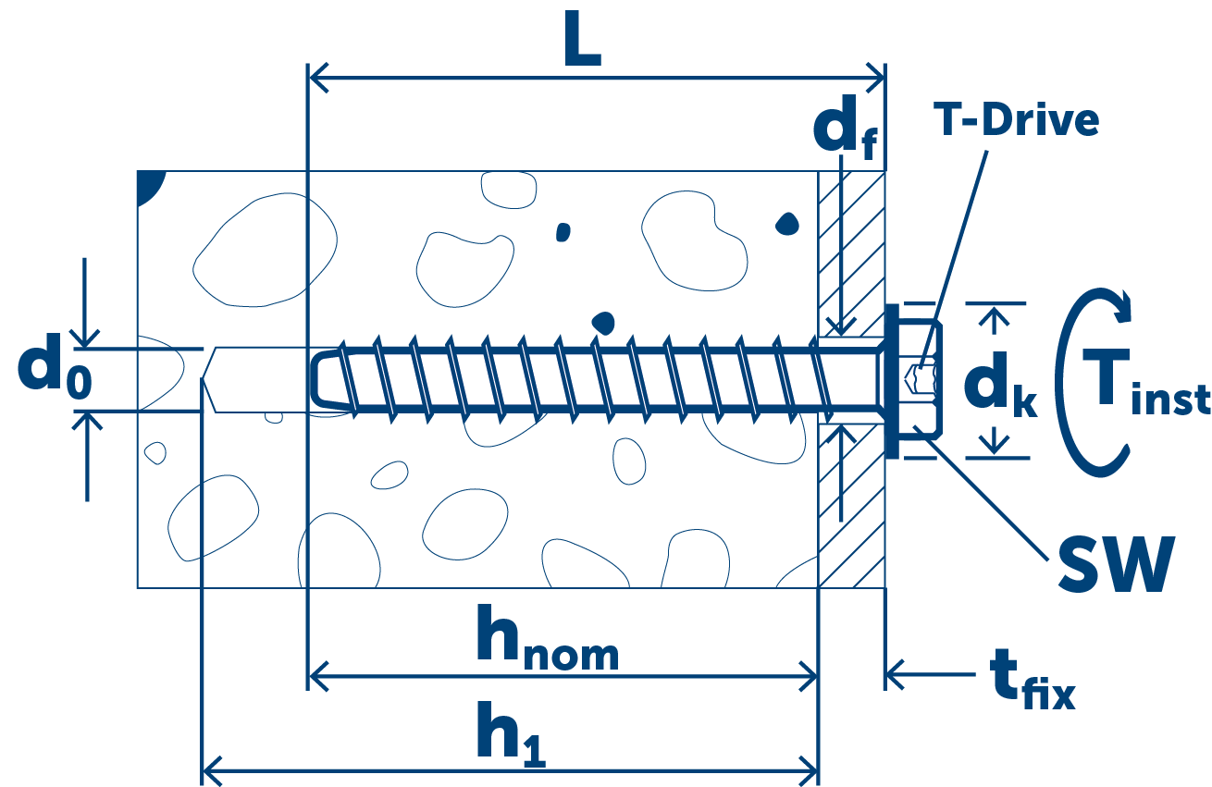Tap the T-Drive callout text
coord(1016,120)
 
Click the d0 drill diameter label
coord(55,372)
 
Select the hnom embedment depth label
coord(546,637)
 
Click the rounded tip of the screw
coord(320,379)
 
